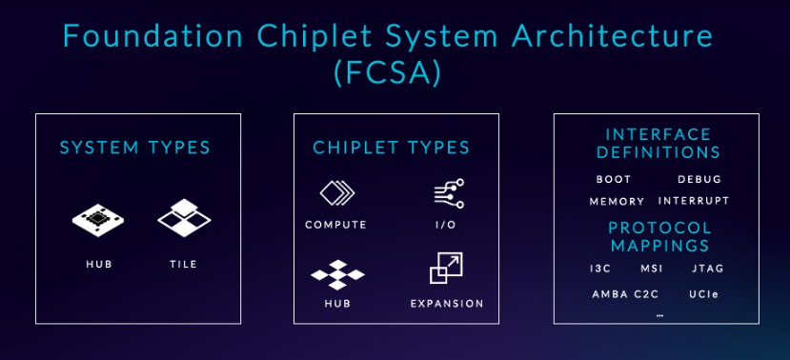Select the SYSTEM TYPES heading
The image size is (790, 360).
(x=134, y=148)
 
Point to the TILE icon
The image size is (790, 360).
(x=183, y=217)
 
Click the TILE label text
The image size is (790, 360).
(x=183, y=264)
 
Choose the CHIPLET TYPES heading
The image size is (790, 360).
(x=391, y=148)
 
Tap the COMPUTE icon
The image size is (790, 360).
(x=335, y=193)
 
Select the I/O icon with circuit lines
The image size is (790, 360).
(x=447, y=193)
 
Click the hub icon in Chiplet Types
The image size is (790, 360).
(x=335, y=274)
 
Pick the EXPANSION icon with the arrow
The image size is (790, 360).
(x=446, y=269)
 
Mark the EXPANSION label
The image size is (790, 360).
(x=447, y=304)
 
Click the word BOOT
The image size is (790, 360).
(x=614, y=179)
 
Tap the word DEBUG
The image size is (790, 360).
(x=699, y=179)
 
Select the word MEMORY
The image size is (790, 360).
(x=617, y=201)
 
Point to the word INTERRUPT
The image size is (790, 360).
(x=694, y=201)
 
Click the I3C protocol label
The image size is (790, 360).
(x=600, y=269)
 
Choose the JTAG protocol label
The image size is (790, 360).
(x=709, y=269)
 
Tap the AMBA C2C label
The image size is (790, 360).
(x=625, y=293)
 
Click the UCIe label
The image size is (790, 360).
(x=703, y=293)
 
